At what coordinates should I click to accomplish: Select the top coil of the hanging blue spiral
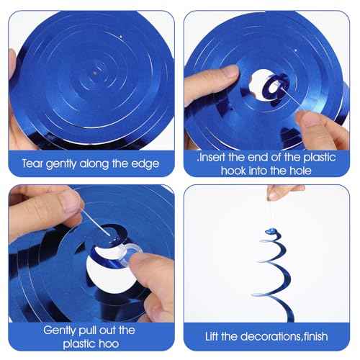point(269,233)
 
